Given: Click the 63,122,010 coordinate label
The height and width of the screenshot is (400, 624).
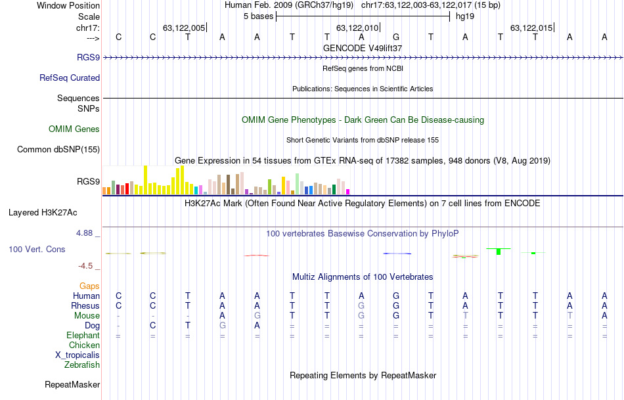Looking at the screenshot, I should point(357,28).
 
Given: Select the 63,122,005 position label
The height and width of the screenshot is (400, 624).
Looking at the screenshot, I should point(184,28).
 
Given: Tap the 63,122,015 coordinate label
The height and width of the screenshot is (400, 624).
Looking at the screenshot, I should point(531,28).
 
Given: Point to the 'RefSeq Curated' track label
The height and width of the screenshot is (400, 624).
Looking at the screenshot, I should point(70,78).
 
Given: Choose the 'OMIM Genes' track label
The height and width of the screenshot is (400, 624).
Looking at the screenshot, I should point(74,129).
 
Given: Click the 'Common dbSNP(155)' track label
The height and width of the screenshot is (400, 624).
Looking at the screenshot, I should point(58,150).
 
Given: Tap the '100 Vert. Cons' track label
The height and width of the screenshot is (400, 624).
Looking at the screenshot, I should point(37,250).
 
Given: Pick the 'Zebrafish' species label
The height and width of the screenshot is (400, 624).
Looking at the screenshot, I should point(82,365).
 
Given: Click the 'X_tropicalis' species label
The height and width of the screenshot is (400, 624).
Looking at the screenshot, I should point(78,355).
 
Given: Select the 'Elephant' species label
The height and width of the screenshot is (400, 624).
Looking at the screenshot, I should point(83,336).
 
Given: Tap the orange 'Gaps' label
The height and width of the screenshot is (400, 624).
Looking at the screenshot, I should point(89,286).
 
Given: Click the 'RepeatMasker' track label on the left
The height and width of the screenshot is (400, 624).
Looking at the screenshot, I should point(72,384).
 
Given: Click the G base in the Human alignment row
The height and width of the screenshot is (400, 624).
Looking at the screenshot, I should point(396,296).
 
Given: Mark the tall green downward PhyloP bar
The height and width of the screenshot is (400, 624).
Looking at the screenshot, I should point(499,251).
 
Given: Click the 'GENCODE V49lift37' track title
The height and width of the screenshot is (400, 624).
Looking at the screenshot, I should point(363,48).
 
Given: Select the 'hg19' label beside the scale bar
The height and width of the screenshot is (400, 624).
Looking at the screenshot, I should point(464,16).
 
